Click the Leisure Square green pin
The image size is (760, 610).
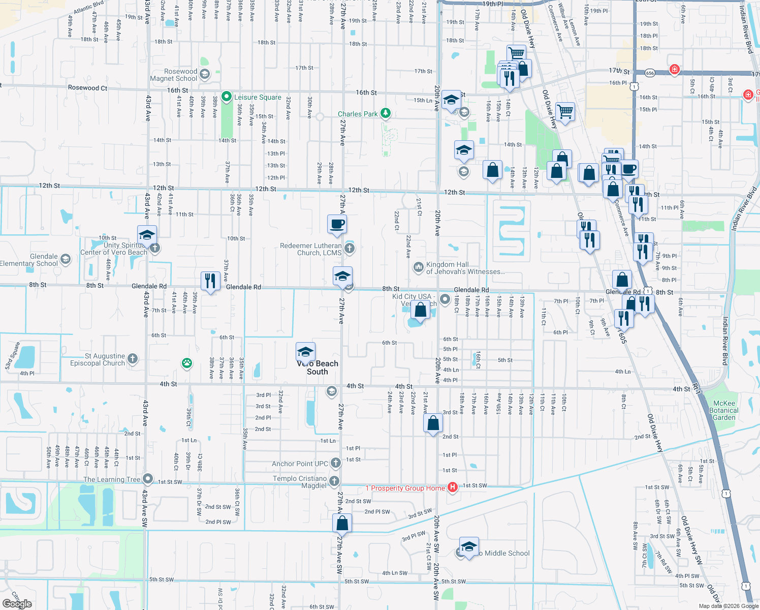click(227, 97)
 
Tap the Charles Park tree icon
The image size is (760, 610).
click(386, 113)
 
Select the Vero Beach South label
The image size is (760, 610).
click(318, 368)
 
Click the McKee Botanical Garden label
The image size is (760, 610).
click(724, 410)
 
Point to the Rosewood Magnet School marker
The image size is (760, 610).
click(205, 74)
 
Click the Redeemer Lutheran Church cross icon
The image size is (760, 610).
click(349, 249)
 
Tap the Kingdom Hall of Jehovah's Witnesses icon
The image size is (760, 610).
click(418, 267)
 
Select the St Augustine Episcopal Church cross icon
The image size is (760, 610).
click(132, 359)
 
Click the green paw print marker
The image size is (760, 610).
click(187, 363)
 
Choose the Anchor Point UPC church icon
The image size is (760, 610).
click(335, 463)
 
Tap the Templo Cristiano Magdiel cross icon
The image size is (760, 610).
click(334, 481)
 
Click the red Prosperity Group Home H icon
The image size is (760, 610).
click(452, 487)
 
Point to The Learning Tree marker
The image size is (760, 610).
click(148, 479)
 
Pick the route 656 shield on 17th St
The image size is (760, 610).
click(650, 73)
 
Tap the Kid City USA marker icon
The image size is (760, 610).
click(445, 299)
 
